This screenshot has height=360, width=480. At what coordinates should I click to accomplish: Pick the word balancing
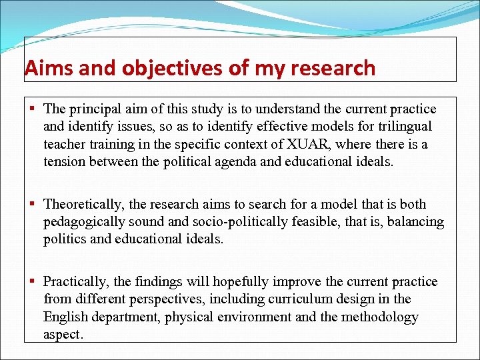411,221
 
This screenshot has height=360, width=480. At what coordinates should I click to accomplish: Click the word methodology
380,317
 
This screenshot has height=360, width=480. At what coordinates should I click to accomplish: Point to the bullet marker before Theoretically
32,204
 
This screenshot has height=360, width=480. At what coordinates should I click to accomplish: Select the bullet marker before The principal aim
32,109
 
